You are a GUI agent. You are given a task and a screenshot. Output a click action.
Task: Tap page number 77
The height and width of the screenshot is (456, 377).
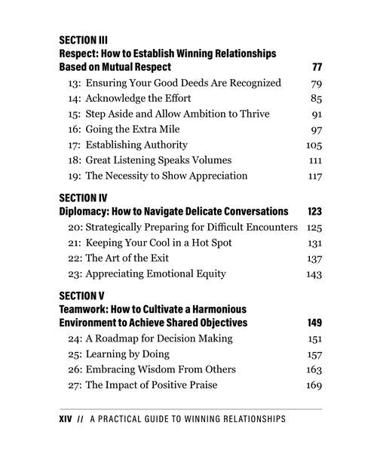[x=317, y=67]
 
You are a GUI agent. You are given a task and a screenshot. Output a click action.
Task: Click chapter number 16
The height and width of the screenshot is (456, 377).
[x=74, y=129]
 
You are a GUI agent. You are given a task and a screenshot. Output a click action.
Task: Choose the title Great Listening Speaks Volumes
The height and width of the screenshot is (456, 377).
[x=158, y=160]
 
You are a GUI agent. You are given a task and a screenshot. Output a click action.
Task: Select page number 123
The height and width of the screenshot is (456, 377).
[x=314, y=212]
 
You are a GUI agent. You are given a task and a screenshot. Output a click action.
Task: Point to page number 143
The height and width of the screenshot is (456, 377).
[x=314, y=274]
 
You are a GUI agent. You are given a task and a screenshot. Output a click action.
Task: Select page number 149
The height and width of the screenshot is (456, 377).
[x=314, y=323]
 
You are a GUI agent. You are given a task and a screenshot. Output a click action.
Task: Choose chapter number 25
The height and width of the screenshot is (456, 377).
[x=75, y=354]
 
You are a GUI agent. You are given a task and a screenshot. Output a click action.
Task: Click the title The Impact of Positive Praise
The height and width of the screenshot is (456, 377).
[x=152, y=385]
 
